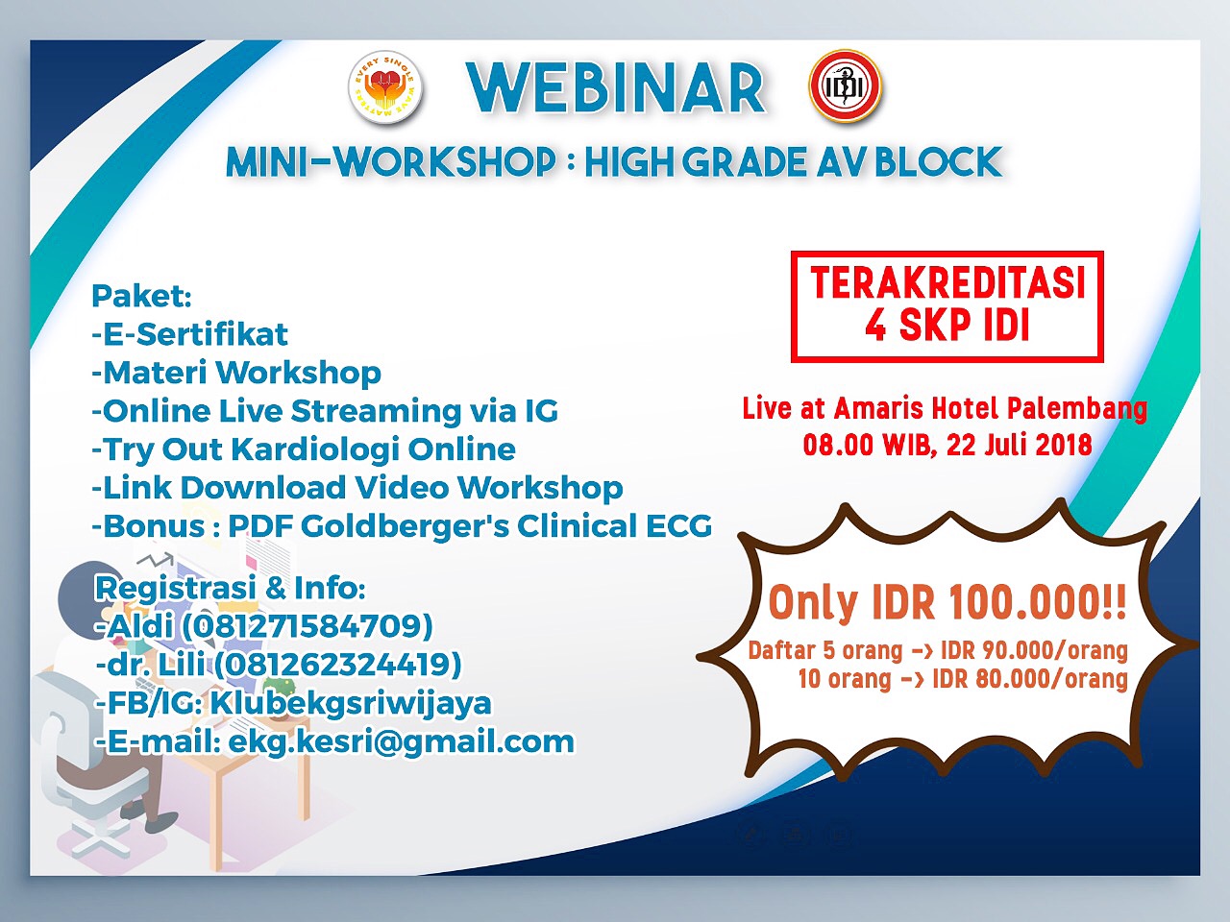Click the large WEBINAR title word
click(x=616, y=89)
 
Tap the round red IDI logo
click(x=846, y=86)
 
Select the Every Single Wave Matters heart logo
click(x=384, y=89)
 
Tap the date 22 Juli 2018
click(x=1019, y=446)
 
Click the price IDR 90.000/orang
click(x=1034, y=650)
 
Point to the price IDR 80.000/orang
click(x=1030, y=679)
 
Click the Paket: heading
click(x=142, y=296)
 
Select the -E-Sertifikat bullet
click(x=189, y=334)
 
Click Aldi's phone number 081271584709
click(x=307, y=626)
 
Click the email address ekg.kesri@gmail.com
click(x=402, y=742)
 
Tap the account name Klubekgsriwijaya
click(x=351, y=703)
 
